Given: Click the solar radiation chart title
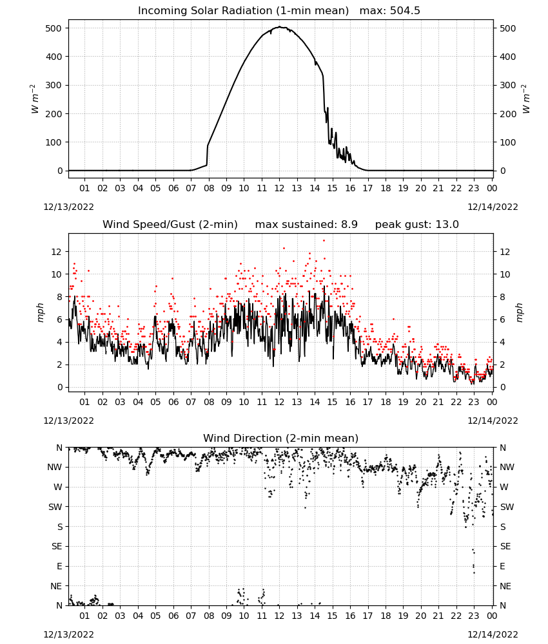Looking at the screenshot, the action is (279, 11).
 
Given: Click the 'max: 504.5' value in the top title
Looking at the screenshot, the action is (390, 11).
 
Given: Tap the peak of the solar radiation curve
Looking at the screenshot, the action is (280, 26).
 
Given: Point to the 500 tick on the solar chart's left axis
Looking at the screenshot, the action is (54, 28).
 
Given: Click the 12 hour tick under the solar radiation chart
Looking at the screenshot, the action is (279, 188).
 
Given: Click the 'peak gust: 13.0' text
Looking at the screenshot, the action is (416, 224).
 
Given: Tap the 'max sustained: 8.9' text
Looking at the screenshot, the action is (306, 224).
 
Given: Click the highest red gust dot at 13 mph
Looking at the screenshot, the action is (324, 240).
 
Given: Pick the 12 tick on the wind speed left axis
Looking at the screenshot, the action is (57, 252).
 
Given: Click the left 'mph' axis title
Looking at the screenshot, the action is (40, 312).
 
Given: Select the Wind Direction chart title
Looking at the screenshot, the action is (281, 438).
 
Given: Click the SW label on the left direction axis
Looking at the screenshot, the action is (55, 507).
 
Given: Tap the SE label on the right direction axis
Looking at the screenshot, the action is (505, 546).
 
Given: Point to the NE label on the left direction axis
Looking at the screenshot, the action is (56, 586).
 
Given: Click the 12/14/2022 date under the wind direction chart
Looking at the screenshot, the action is (493, 634).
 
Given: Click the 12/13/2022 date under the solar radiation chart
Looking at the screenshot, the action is (68, 207).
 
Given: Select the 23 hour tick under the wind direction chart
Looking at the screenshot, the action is (474, 616).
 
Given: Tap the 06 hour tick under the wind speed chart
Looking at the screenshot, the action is (173, 402).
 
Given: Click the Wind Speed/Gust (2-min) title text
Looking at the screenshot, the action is (170, 224).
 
